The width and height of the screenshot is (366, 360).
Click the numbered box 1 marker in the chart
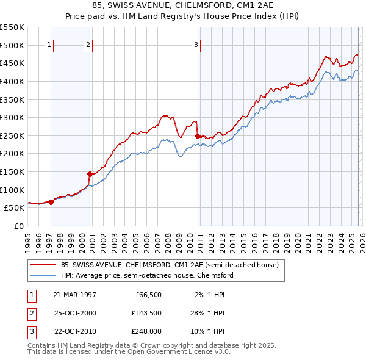(x=49, y=44)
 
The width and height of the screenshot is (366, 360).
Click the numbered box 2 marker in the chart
(x=88, y=44)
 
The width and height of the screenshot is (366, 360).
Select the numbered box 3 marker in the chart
(x=196, y=44)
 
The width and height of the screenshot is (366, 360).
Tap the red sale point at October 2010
(x=198, y=136)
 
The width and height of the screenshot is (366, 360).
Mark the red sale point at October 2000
(x=90, y=174)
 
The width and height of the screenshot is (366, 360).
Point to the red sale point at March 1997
(x=51, y=202)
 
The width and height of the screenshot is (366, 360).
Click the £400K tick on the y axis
(x=12, y=81)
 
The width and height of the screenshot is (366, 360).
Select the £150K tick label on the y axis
(x=12, y=171)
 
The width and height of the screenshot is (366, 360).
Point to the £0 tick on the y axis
(x=18, y=226)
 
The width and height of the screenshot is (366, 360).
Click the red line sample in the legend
(x=42, y=265)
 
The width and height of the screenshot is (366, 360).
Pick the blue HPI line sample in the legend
(x=42, y=275)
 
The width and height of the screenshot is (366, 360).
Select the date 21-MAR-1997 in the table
(x=75, y=294)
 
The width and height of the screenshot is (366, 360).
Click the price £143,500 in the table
(x=147, y=313)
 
